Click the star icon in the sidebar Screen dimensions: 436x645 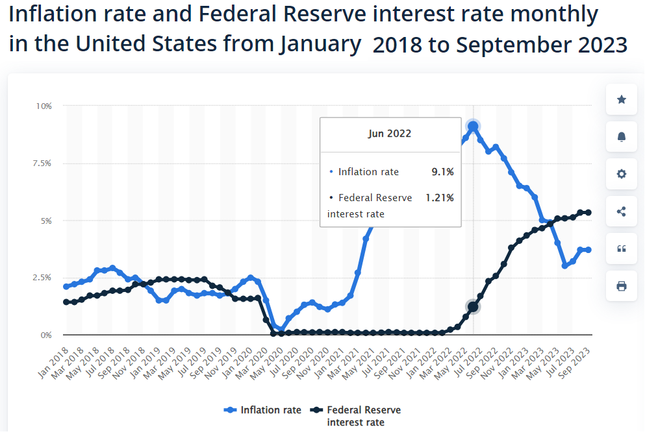622,99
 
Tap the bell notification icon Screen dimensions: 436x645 622,136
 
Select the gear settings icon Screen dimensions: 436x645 622,174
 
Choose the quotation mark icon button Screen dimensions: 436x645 622,248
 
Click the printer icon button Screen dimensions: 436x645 622,286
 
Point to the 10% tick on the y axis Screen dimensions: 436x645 44,106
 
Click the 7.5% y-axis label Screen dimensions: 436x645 42,163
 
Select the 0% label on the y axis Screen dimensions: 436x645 46,335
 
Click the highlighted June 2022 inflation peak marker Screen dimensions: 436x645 473,127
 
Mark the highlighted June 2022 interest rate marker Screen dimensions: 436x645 473,307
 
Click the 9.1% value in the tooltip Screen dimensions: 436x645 442,172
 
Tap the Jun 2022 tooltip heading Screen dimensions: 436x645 390,134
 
